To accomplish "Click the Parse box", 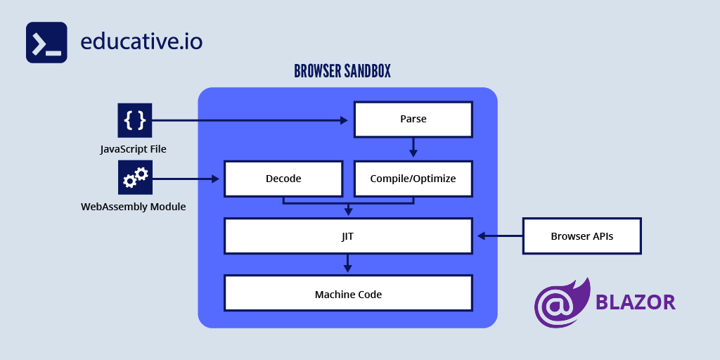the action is (x=413, y=120).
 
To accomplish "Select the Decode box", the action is (x=283, y=179).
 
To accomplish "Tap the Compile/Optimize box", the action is (x=413, y=179).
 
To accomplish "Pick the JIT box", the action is (x=348, y=236).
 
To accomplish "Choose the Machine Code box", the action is (x=348, y=293).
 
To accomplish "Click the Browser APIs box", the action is (x=581, y=236).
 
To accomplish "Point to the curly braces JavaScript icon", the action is (x=134, y=120).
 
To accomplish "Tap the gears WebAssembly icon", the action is (x=134, y=177).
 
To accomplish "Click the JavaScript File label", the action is (x=133, y=149).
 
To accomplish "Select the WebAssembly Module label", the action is (x=133, y=207).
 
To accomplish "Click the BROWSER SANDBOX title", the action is (x=342, y=72).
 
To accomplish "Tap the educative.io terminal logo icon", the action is (x=46, y=42).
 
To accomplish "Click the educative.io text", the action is (x=141, y=41).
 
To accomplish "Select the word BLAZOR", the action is (x=636, y=302).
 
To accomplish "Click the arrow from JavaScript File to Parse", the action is (x=250, y=120).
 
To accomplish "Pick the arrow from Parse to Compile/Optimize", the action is (x=413, y=148).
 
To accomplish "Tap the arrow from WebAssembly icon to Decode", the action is (x=186, y=179).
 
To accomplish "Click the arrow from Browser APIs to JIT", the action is (x=500, y=236).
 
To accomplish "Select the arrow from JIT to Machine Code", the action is (x=347, y=264).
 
